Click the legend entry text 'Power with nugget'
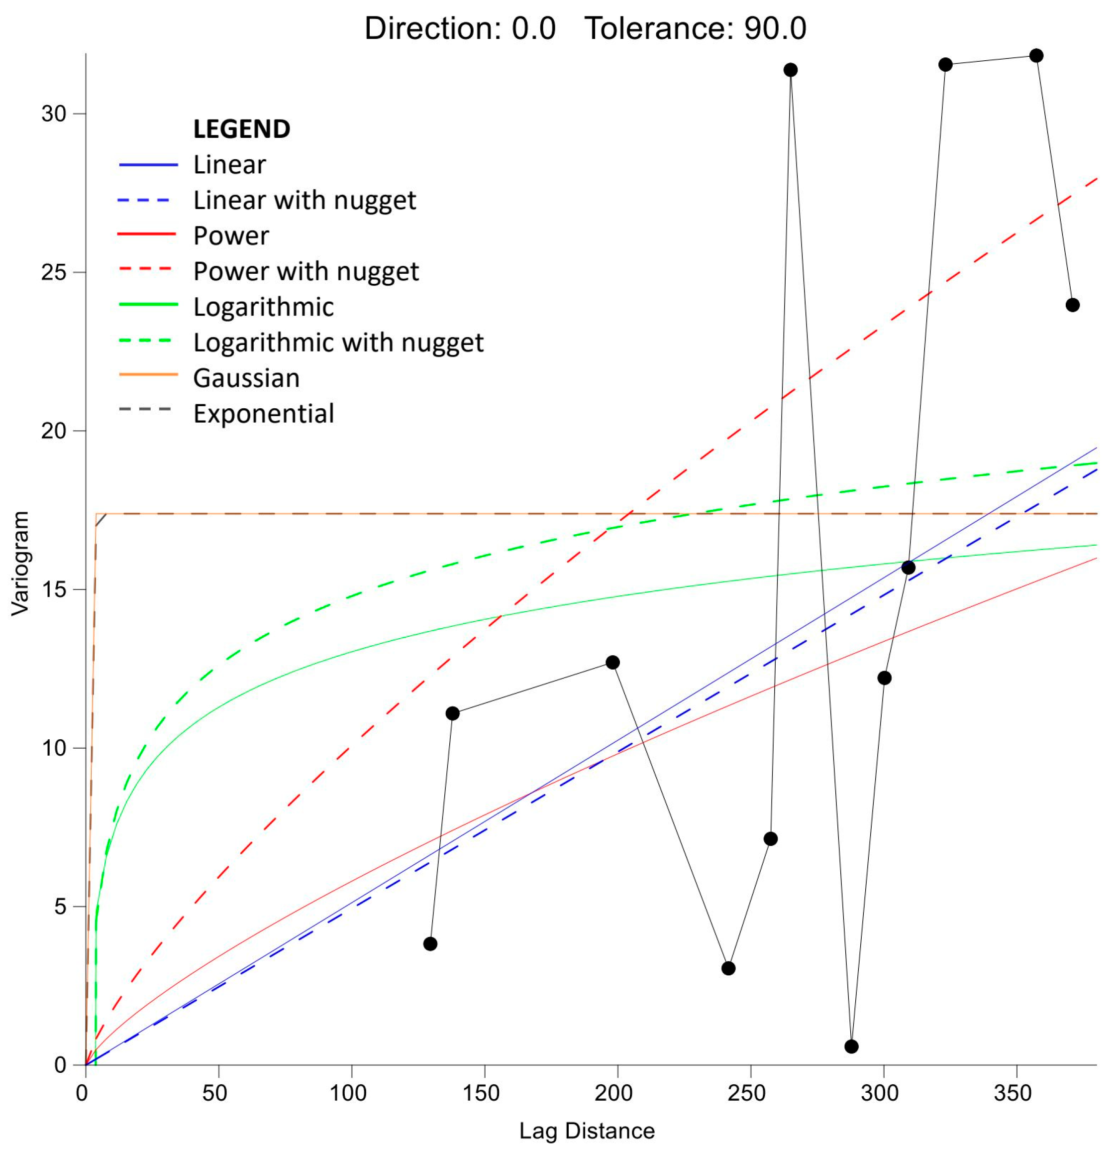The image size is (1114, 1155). click(305, 272)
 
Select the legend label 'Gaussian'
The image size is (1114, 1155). click(246, 378)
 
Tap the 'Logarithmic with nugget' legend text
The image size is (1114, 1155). click(338, 343)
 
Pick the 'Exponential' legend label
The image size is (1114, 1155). click(263, 414)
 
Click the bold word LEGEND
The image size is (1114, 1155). click(241, 129)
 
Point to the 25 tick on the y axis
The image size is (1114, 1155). click(54, 273)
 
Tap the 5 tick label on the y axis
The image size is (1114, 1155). click(61, 907)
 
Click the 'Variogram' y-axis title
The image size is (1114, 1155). click(20, 564)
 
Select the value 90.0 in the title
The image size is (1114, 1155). click(775, 28)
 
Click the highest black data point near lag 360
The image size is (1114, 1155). click(1036, 56)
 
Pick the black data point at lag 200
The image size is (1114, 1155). click(612, 662)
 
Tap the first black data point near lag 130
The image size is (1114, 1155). click(430, 944)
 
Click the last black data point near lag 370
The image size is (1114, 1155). click(1072, 305)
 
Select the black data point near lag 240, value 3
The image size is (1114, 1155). click(728, 968)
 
